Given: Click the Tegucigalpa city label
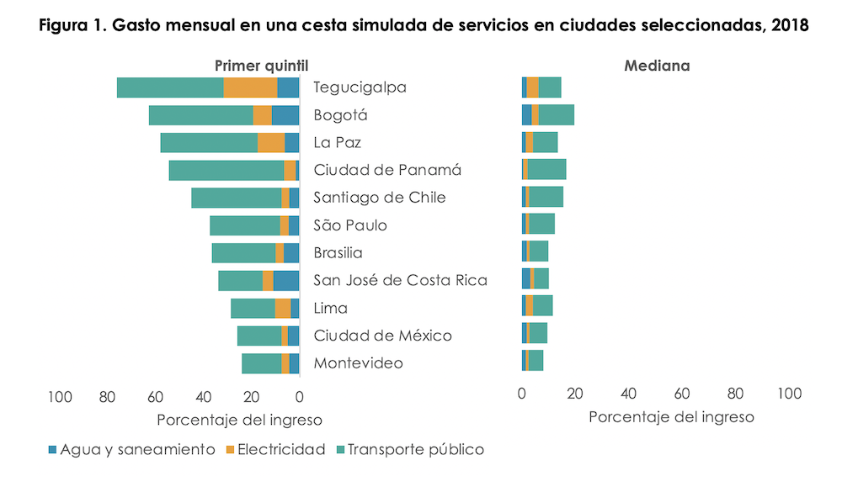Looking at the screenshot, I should tap(360, 87).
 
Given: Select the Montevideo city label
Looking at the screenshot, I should tap(358, 363).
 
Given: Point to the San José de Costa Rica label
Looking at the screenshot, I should tap(400, 280).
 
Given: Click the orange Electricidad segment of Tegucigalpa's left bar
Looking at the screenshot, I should tap(250, 87).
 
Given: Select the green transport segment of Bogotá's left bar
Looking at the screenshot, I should tap(200, 115).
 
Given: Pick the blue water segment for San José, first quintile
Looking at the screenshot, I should tap(286, 281).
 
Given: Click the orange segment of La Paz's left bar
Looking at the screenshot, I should tap(271, 143).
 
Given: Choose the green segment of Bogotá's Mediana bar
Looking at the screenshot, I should tap(557, 115).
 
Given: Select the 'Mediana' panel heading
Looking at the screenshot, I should tap(657, 66).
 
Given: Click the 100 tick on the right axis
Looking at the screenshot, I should tap(788, 394).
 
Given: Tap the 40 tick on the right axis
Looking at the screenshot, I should tap(628, 394).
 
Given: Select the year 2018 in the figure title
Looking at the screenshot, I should tap(790, 26).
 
